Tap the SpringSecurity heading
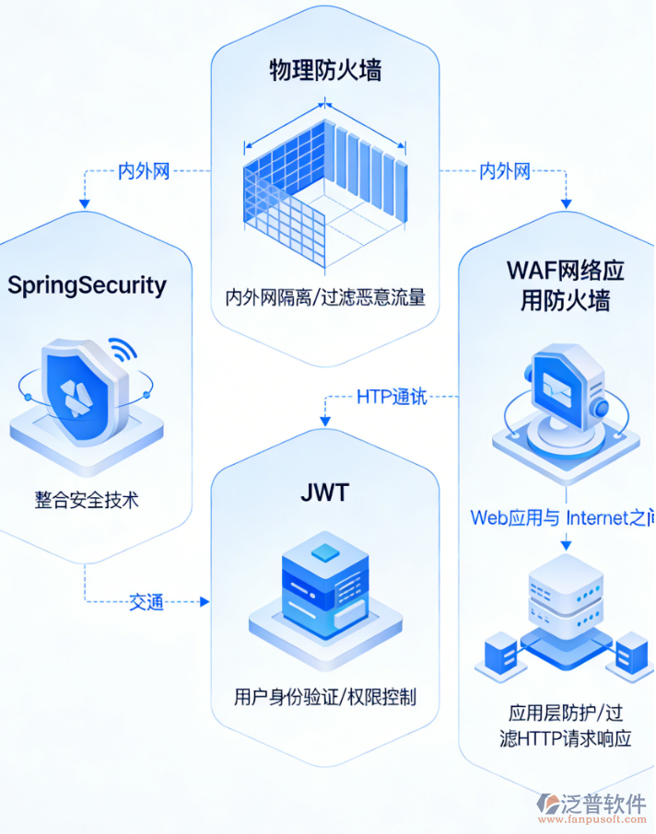(88, 284)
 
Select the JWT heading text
(324, 492)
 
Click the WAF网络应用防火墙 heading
(565, 284)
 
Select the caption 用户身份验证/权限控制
(325, 696)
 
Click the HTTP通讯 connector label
(392, 397)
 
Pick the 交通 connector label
(146, 602)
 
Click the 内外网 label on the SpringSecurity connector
(145, 171)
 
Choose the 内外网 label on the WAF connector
(505, 171)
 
